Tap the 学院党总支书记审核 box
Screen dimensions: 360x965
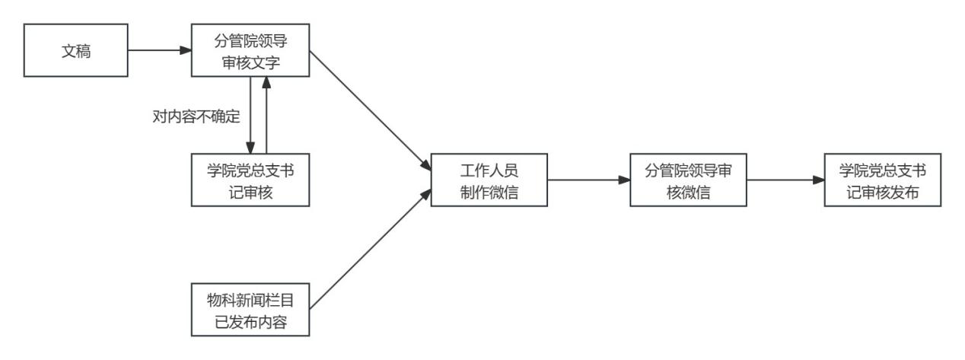pyautogui.click(x=251, y=180)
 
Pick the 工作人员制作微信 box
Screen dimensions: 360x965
pyautogui.click(x=489, y=180)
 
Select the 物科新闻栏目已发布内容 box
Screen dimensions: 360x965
pyautogui.click(x=251, y=308)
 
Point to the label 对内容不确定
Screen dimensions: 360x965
pyautogui.click(x=196, y=116)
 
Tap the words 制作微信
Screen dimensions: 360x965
pyautogui.click(x=489, y=192)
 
